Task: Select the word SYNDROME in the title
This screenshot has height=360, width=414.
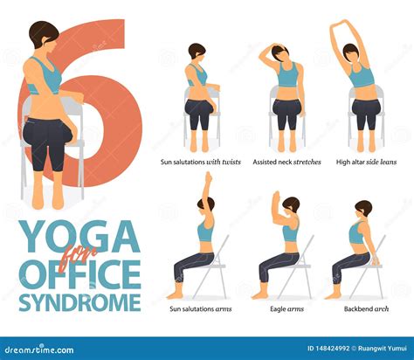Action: pos(80,302)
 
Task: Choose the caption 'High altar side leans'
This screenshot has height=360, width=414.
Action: pos(366,163)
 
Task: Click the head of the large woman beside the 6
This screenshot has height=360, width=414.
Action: pos(43,38)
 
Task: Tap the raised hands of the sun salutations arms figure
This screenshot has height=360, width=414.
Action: pos(207,179)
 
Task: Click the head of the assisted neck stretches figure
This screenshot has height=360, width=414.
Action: pos(286,55)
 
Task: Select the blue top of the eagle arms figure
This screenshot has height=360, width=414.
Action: pos(289,233)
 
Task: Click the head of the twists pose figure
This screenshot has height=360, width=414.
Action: pos(197,52)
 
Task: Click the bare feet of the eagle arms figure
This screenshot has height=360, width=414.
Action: pos(260,295)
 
